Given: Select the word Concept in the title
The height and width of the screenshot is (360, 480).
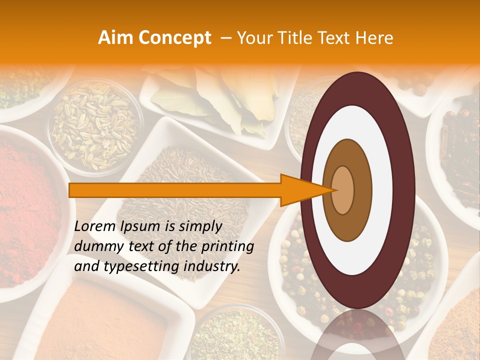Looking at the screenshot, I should [x=174, y=38].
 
